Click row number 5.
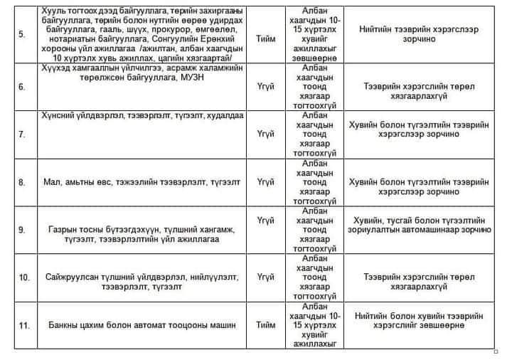click(21, 36)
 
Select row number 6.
click(21, 87)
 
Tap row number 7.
click(21, 134)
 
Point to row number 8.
click(21, 182)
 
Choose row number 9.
click(21, 230)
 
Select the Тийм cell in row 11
click(265, 324)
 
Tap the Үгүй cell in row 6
click(265, 87)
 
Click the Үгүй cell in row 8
click(265, 182)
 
